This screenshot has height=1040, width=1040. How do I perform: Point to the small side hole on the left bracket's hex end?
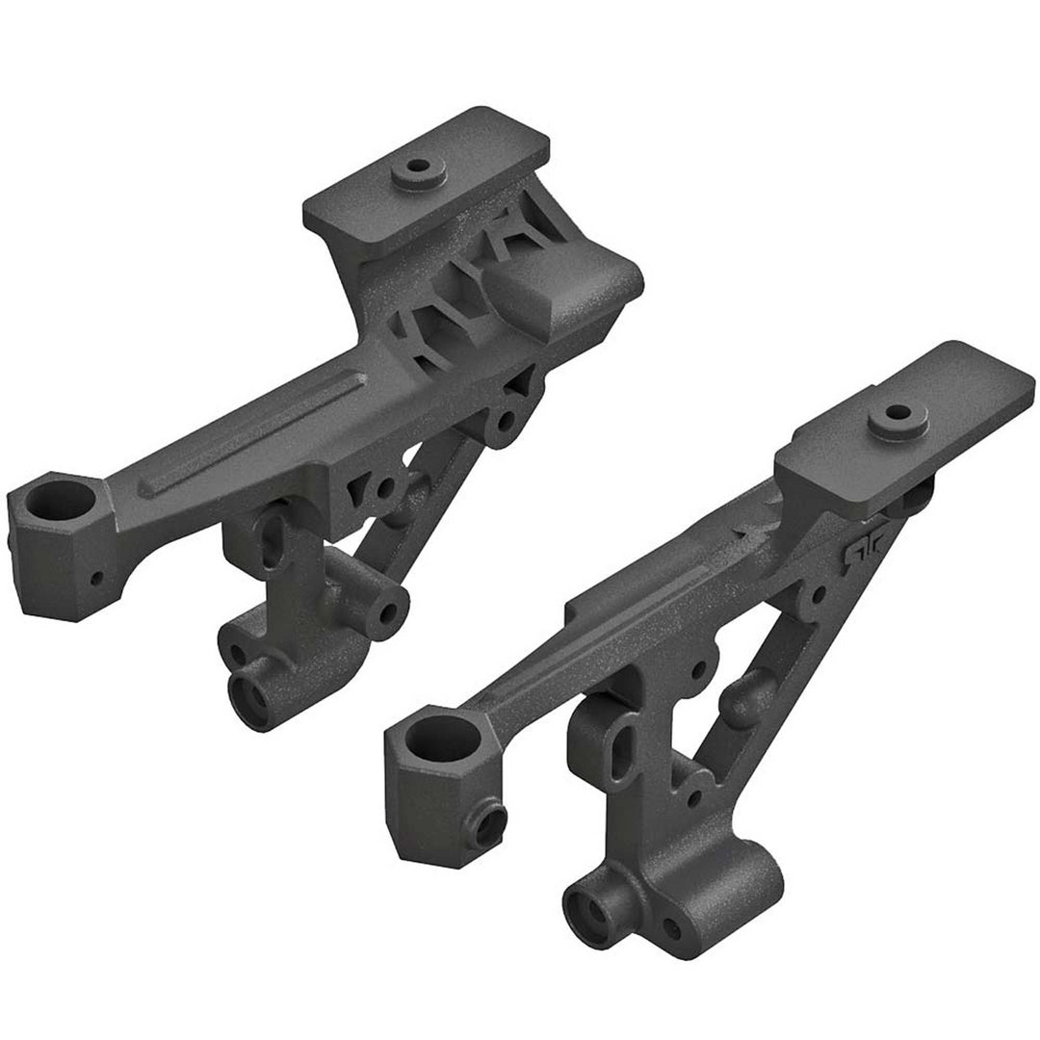[96, 580]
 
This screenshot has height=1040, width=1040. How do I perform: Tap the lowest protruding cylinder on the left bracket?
[252, 690]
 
